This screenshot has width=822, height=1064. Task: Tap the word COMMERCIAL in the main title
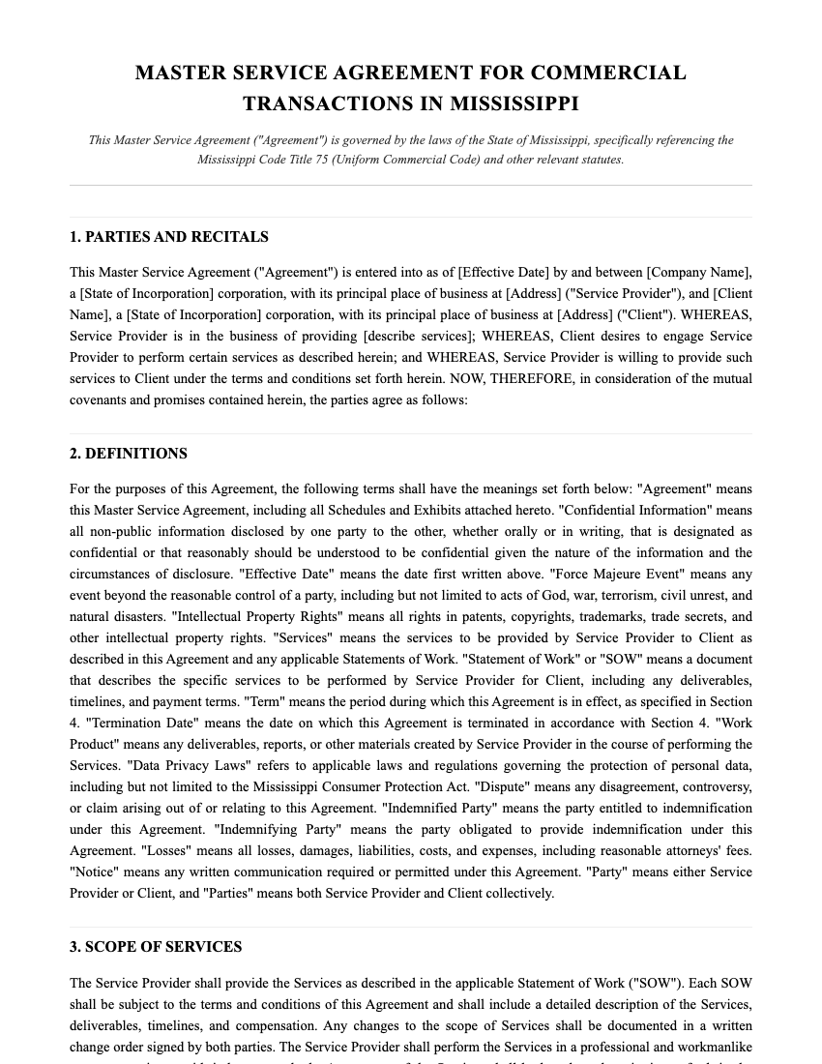(x=607, y=73)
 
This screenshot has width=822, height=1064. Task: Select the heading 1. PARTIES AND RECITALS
(x=169, y=237)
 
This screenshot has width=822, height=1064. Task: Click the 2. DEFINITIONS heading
(x=129, y=454)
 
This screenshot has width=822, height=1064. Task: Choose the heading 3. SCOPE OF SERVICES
(x=156, y=947)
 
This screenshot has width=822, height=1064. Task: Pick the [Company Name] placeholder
(x=698, y=273)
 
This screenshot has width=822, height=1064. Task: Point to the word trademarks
(x=608, y=617)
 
